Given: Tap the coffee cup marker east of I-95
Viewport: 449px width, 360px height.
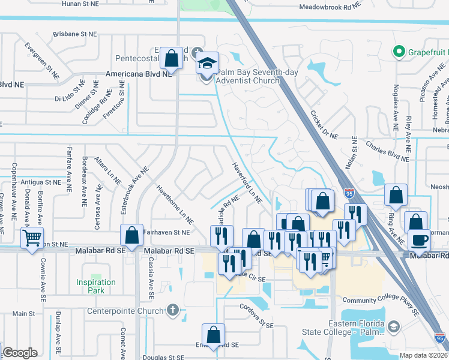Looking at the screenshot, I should pos(419,240).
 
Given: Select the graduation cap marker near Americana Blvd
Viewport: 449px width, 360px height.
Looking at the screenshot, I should pos(207,63).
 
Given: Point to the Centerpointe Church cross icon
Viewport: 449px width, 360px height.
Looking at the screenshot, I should pos(173,310).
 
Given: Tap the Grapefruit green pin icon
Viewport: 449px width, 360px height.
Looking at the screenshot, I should pos(398,52).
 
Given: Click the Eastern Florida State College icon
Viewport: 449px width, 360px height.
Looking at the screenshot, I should pos(394,327).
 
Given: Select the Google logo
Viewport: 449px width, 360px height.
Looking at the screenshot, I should pos(20,353).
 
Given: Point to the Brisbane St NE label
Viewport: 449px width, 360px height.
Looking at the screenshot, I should pos(75,34).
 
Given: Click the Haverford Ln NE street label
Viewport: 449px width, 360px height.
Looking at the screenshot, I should pos(247,183).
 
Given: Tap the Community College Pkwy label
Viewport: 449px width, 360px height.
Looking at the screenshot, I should pos(379,299).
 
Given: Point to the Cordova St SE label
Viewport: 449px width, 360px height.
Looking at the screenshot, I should pos(247,319).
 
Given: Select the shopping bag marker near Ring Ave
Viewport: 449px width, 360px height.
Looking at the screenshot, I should pos(396,194).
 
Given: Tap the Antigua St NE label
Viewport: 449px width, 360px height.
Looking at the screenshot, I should pos(39,181).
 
